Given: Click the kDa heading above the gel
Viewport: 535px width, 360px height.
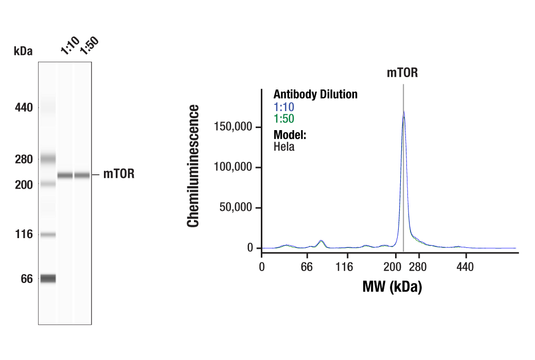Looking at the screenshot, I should click(23, 51).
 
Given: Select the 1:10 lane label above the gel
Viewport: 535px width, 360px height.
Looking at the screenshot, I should click(69, 45).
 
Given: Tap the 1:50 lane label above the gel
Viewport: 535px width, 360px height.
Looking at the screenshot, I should click(88, 45).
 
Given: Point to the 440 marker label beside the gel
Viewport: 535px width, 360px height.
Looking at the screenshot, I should click(24, 108).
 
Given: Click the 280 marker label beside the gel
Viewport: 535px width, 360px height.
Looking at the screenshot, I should click(24, 159).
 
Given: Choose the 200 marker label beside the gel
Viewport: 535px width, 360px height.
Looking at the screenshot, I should click(24, 185).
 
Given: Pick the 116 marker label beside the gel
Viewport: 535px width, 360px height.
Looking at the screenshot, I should click(24, 235).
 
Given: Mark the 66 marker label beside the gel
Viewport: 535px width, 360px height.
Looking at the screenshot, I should click(26, 279).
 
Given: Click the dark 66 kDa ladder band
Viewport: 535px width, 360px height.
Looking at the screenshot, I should click(48, 278).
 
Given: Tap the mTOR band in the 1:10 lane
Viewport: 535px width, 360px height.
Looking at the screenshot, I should click(65, 175).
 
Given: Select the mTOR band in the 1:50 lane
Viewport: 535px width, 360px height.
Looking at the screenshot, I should click(82, 175).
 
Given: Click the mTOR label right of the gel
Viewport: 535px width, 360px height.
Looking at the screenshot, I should click(119, 174).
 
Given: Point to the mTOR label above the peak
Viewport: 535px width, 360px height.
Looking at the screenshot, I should click(402, 73).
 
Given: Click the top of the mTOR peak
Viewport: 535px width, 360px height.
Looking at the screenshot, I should click(404, 112).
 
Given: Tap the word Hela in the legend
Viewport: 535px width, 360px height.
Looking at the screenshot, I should click(284, 147).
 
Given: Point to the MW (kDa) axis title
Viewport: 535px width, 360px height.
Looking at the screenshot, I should click(392, 286).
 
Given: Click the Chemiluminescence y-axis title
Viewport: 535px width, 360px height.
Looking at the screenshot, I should click(193, 166).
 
